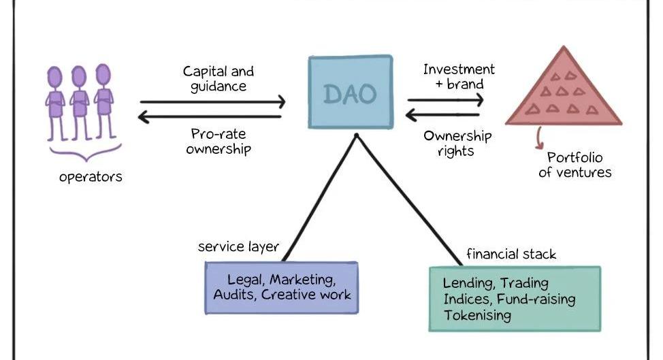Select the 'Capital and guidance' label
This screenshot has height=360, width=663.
[218, 78]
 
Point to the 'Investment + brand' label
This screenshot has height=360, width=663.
[458, 76]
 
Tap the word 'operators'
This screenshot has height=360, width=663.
[91, 177]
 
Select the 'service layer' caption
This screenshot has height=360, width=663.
[238, 246]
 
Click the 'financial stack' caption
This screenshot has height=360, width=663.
[511, 255]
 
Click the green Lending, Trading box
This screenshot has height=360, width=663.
[514, 298]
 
